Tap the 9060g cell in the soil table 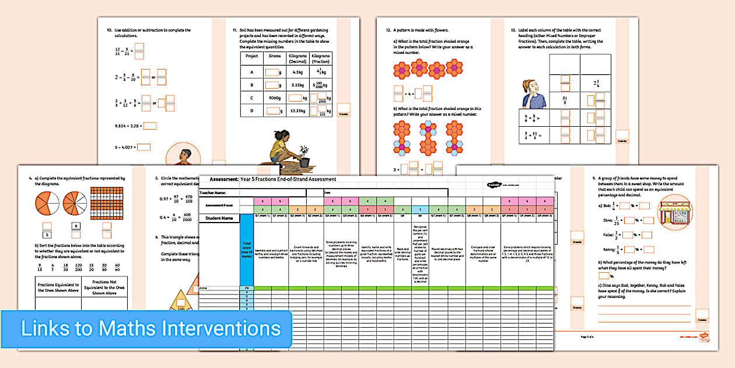point(273,98)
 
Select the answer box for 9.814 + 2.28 point(150,126)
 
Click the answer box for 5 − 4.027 point(143,147)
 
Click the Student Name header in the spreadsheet point(219,218)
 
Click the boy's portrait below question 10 point(181,157)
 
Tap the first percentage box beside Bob point(625,206)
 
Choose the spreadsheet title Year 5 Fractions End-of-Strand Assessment point(288,179)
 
